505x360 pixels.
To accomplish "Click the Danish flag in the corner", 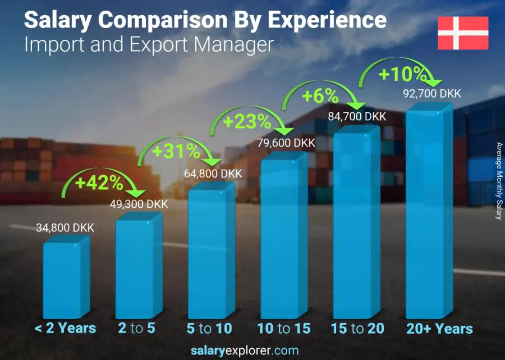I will coord(463,33).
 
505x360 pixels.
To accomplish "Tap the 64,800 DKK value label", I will coord(213,174).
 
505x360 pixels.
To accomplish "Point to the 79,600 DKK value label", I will coord(286,143).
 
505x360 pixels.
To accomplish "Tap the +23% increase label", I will coord(247,121).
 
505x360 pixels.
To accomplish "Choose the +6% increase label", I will coord(320,96).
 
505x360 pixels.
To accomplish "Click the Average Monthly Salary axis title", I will coord(498,181).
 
